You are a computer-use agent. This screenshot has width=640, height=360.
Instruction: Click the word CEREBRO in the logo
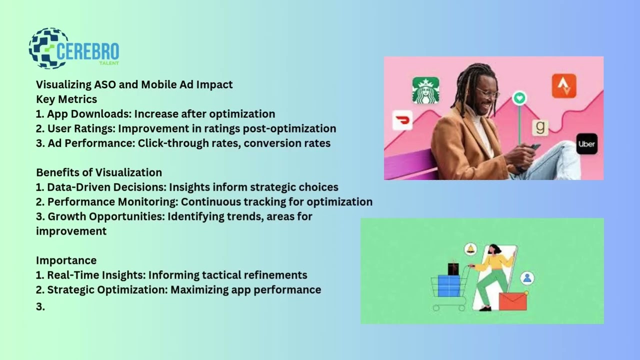(x=88, y=51)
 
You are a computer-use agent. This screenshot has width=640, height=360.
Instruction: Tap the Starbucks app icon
(x=425, y=90)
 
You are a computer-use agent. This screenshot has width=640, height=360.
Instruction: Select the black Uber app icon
(x=586, y=144)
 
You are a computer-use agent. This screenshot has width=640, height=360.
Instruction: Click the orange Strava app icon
(x=564, y=86)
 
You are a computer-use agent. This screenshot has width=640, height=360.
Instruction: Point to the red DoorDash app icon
(x=402, y=120)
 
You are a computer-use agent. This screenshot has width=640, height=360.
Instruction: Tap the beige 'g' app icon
(x=540, y=127)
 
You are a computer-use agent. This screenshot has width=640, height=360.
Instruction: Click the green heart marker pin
(x=519, y=98)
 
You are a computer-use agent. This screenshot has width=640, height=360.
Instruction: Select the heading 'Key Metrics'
(x=66, y=99)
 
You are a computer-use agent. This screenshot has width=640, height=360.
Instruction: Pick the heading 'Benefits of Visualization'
(x=99, y=172)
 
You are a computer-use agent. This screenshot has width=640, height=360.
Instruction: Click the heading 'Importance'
(x=66, y=260)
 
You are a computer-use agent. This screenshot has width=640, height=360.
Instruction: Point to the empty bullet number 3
(x=40, y=307)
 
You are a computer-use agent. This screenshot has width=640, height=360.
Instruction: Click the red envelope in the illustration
(x=512, y=301)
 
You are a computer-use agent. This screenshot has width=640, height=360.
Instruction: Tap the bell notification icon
(x=470, y=249)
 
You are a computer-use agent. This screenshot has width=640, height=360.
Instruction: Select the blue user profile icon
(x=527, y=278)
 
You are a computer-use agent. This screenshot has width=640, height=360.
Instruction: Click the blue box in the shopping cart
(x=448, y=285)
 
